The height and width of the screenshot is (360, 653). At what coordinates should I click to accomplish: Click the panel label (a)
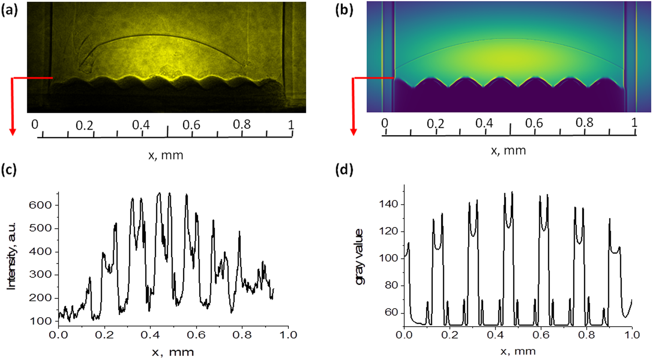9,10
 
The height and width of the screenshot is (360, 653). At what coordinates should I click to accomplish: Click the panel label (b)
344,10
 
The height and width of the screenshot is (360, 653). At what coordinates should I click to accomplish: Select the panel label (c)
9,170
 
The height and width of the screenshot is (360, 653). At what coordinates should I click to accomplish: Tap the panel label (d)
344,170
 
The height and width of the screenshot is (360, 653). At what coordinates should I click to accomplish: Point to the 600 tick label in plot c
40,205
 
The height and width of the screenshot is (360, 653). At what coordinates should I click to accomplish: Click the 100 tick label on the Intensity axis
40,321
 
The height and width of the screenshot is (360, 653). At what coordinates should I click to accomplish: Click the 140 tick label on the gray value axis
389,204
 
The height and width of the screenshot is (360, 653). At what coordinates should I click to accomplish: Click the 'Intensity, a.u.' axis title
12,257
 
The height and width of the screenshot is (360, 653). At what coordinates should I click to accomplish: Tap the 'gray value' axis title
359,257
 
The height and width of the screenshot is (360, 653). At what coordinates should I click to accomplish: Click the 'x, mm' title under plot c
173,352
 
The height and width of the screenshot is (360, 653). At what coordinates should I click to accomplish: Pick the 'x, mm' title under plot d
518,351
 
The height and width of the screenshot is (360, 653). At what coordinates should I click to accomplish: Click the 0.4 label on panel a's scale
141,125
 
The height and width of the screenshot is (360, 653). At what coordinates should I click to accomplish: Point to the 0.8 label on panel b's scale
584,123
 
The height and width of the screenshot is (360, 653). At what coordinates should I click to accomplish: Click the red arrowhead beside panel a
13,131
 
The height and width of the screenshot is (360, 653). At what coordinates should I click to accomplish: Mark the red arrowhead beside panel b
354,131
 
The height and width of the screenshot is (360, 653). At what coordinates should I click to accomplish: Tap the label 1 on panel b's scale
634,123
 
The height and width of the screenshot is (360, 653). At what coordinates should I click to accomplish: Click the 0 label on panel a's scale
35,124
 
